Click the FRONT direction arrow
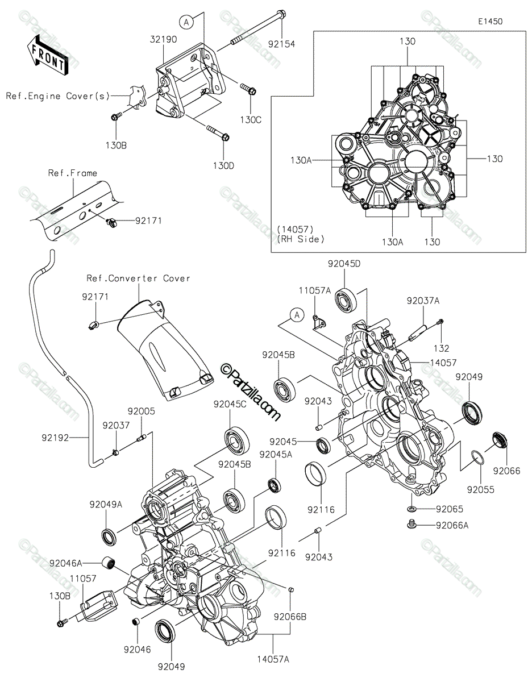pyautogui.click(x=48, y=56)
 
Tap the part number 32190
pyautogui.click(x=163, y=40)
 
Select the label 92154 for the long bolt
pyautogui.click(x=281, y=44)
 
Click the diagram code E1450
pyautogui.click(x=490, y=22)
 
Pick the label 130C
pyautogui.click(x=251, y=120)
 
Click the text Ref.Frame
pyautogui.click(x=73, y=173)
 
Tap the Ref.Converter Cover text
pyautogui.click(x=138, y=278)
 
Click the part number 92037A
pyautogui.click(x=423, y=301)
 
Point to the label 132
pyautogui.click(x=442, y=348)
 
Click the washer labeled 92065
pyautogui.click(x=411, y=509)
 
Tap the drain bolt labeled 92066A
pyautogui.click(x=411, y=523)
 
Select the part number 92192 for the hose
pyautogui.click(x=55, y=438)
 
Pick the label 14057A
pyautogui.click(x=273, y=659)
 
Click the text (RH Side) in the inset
pyautogui.click(x=301, y=239)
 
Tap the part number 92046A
pyautogui.click(x=65, y=563)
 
